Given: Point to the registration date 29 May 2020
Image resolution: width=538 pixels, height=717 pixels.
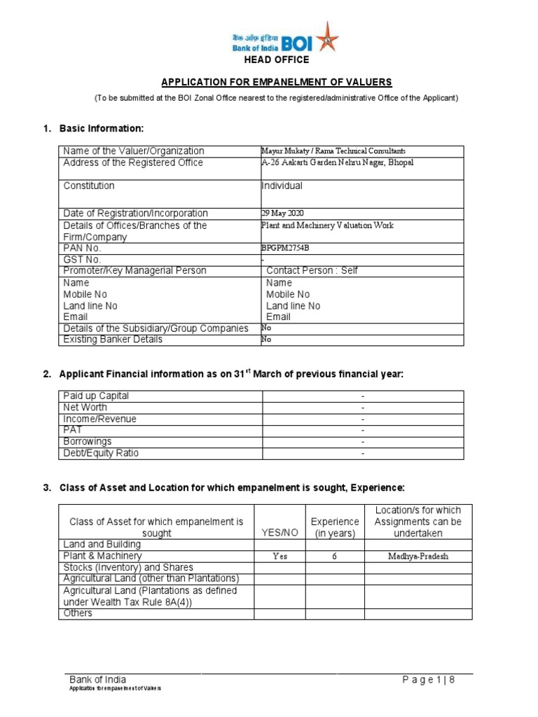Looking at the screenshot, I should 282,214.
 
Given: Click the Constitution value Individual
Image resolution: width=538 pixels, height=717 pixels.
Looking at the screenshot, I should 282,186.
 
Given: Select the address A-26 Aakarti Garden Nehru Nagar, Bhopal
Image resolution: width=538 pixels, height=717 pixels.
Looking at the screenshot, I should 337,162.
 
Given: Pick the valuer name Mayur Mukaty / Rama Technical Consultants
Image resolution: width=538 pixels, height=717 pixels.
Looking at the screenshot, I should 333,151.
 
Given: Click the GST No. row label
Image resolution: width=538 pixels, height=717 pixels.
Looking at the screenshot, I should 82,259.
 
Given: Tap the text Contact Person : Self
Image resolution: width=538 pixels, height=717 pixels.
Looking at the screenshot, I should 312,270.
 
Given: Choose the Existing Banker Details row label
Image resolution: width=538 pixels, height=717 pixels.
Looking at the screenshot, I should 113,340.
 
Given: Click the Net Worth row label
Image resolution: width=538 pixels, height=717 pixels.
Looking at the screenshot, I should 85,408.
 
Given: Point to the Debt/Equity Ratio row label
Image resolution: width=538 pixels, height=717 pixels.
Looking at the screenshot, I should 101,453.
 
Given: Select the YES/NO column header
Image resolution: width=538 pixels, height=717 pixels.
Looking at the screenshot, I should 280,533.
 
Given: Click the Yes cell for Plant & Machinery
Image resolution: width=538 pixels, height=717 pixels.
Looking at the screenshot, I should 280,557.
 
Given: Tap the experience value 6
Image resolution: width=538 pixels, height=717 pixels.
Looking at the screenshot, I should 335,557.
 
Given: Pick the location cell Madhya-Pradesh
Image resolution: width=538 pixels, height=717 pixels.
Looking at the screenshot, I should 418,557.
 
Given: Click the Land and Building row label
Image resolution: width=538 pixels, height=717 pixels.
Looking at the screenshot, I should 102,544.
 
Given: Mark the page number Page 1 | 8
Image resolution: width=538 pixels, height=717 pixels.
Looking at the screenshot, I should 429,679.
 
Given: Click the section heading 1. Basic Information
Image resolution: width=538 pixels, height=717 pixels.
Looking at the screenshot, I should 98,128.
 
